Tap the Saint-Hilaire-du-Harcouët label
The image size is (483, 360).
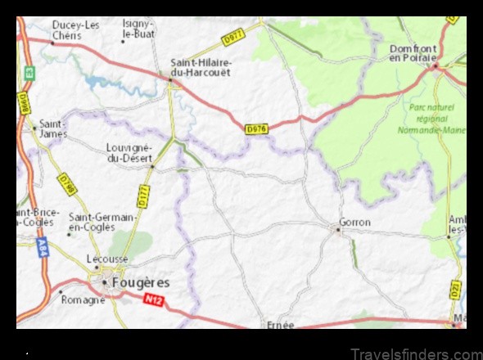click(x=201, y=66)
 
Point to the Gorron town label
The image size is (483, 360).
click(x=354, y=222)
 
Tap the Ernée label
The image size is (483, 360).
click(x=280, y=325)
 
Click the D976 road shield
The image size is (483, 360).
click(x=256, y=128)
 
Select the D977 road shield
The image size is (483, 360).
click(x=233, y=37)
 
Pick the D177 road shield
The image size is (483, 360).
click(x=143, y=196)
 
